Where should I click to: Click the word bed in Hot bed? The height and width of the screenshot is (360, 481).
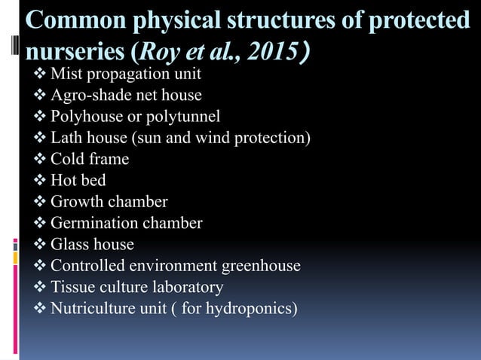[93, 181]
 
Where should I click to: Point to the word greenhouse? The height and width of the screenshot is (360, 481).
[259, 266]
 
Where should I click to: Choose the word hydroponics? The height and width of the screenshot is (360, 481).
[253, 309]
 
